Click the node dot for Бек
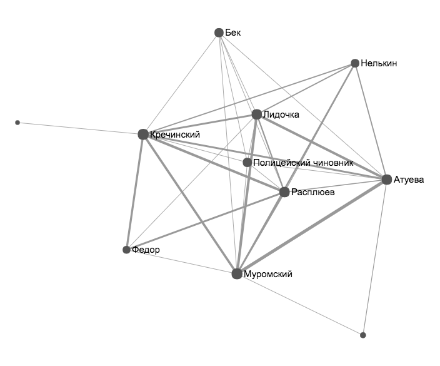click(219, 33)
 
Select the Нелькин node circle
click(355, 63)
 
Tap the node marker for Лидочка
click(256, 114)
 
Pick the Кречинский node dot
click(143, 134)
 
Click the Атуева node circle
click(387, 180)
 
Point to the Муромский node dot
click(237, 274)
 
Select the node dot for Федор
click(126, 250)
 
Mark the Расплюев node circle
click(284, 192)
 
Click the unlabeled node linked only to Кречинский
click(17, 123)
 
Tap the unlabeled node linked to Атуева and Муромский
click(362, 335)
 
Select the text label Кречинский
click(175, 134)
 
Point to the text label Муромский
click(267, 274)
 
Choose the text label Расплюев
click(312, 192)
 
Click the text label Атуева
click(409, 180)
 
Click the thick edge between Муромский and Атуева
click(312, 227)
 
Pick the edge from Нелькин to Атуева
click(371, 121)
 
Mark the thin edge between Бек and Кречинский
click(181, 83)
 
